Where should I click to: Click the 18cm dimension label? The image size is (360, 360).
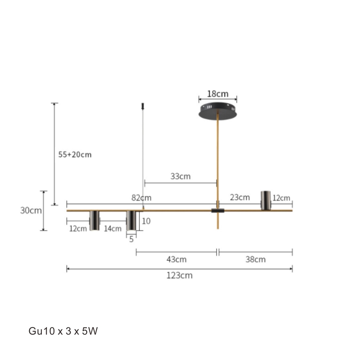click(218, 94)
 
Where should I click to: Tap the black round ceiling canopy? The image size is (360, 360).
click(218, 111)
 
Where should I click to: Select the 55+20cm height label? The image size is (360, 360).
click(75, 155)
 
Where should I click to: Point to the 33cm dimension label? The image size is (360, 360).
click(180, 176)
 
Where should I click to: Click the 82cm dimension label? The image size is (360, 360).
click(141, 198)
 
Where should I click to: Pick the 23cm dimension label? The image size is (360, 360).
click(240, 197)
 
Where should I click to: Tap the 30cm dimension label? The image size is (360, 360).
click(31, 210)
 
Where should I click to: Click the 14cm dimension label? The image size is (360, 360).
click(112, 229)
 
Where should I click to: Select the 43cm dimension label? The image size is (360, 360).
click(176, 259)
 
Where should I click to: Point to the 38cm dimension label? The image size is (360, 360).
click(256, 259)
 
